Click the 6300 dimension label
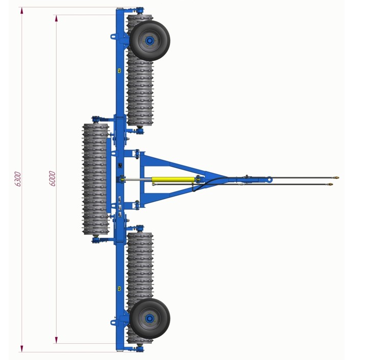18,179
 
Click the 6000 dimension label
53,178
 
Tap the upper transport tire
150,41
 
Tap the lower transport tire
150,319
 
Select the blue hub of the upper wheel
149,41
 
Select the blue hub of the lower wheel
149,319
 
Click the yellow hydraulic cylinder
173,180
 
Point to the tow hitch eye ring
269,180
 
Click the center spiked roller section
96,179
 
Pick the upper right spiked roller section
140,70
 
